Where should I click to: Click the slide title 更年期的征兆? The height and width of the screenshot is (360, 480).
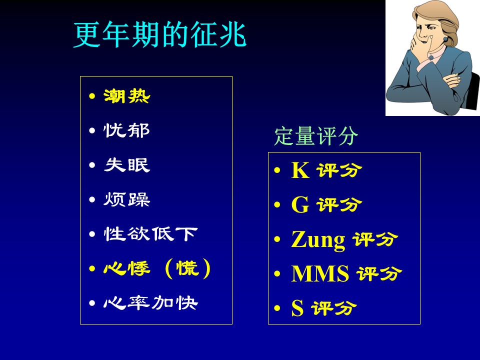click(x=160, y=35)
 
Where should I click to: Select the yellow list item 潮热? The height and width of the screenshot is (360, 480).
click(x=126, y=96)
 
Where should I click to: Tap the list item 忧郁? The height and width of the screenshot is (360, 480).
click(x=126, y=130)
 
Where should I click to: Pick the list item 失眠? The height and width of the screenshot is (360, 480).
click(x=126, y=165)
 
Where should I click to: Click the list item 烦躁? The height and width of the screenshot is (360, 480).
click(x=126, y=199)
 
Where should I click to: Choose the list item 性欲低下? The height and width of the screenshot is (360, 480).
click(x=150, y=234)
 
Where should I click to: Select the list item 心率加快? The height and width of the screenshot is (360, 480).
click(x=150, y=303)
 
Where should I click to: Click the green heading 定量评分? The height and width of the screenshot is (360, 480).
click(x=316, y=135)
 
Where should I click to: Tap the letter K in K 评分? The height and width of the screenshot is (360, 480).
click(x=300, y=170)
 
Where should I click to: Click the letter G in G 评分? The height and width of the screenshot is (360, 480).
click(x=300, y=204)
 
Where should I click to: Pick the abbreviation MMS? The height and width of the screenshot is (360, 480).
click(x=320, y=273)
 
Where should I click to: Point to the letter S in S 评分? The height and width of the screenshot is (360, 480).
click(x=297, y=308)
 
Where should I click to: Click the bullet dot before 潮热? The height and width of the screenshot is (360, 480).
click(x=92, y=96)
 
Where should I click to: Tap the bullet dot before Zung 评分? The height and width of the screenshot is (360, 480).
click(x=277, y=239)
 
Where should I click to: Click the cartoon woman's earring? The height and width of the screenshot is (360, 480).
click(x=445, y=39)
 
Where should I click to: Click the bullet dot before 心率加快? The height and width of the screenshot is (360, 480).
click(x=92, y=303)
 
